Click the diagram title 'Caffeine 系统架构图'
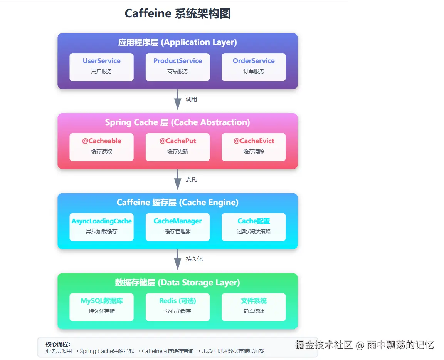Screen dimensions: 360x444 coord(177,14)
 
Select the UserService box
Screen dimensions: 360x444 coord(101,67)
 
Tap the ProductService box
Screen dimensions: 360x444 coord(178,67)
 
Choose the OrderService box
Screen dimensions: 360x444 coord(254,67)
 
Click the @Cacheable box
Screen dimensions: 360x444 coord(101,147)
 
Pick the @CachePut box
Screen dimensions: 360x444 coord(178,147)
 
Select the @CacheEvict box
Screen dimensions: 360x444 coord(254,147)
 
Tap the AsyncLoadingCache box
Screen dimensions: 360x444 coord(101,227)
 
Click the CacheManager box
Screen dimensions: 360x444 coord(178,227)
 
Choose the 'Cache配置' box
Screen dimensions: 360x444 coord(254,227)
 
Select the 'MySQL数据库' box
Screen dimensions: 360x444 coord(101,307)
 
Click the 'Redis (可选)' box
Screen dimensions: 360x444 coord(178,307)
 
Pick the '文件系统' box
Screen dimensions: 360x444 coord(254,307)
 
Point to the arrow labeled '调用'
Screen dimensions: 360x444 coord(178,100)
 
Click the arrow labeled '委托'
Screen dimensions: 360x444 coord(178,180)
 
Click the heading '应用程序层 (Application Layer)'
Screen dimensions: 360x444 coord(177,42)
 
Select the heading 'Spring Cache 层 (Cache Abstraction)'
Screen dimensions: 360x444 coord(177,122)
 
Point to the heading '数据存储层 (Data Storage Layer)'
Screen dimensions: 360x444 coord(177,283)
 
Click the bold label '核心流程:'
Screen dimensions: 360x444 coord(58,344)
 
